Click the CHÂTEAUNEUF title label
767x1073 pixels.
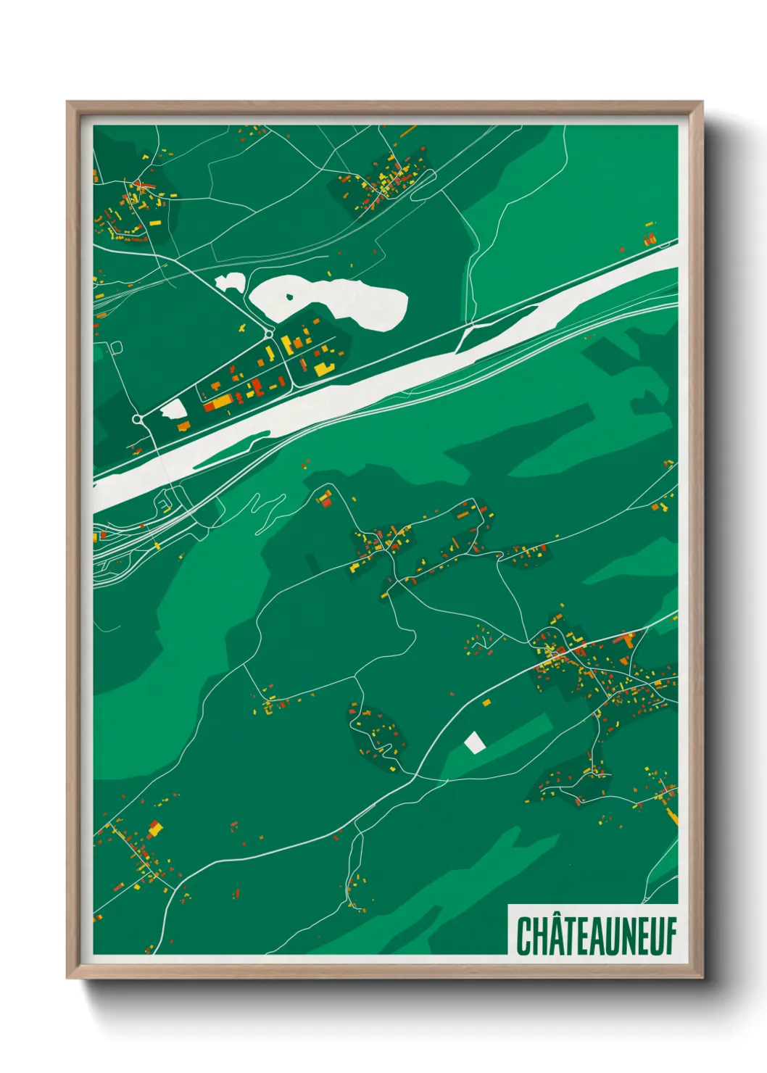[x=596, y=936]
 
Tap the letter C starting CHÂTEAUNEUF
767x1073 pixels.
[x=523, y=936]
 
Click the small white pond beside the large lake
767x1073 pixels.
[x=230, y=282]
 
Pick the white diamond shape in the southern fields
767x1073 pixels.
[x=474, y=742]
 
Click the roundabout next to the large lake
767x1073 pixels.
[x=269, y=333]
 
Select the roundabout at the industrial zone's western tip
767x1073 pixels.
[x=137, y=419]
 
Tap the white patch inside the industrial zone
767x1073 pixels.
[x=174, y=410]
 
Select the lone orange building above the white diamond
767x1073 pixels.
[x=486, y=702]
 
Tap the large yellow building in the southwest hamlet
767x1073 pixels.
[x=154, y=826]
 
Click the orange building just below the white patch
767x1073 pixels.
[x=183, y=426]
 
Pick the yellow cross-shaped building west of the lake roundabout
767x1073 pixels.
[x=241, y=328]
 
